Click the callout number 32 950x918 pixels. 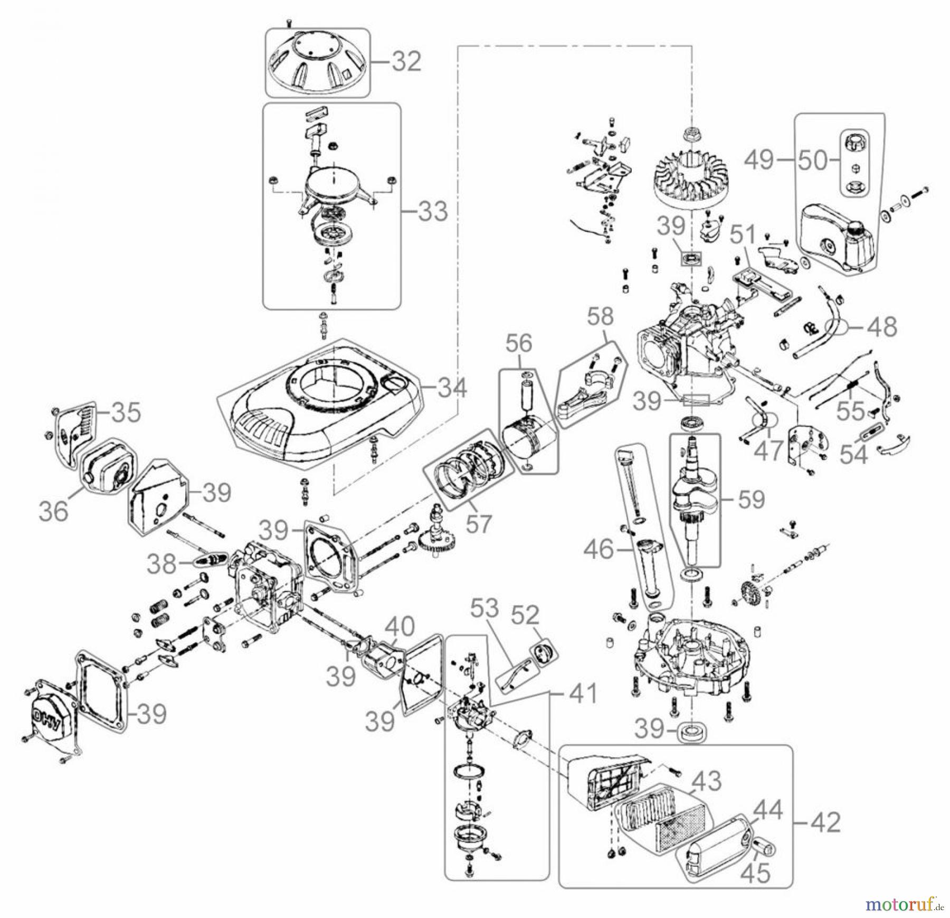click(x=406, y=62)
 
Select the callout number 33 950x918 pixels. click(x=433, y=212)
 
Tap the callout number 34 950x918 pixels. click(x=452, y=389)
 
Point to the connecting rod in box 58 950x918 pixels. click(x=586, y=394)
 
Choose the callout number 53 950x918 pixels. click(x=485, y=610)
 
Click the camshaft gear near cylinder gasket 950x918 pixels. click(x=437, y=545)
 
